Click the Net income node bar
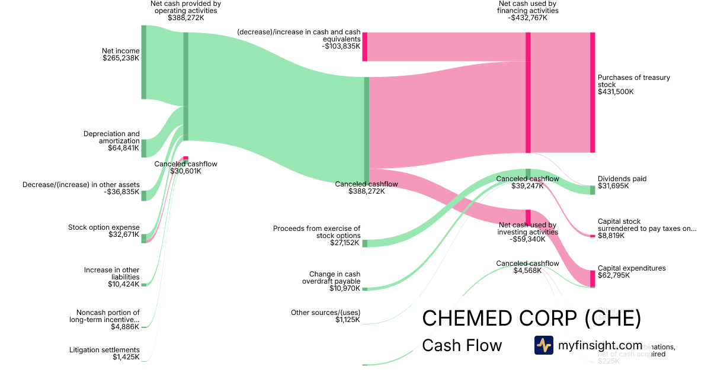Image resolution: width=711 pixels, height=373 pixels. pyautogui.click(x=143, y=62)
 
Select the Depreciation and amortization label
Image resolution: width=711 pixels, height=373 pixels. pyautogui.click(x=111, y=137)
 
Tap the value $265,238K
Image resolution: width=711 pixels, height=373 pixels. pyautogui.click(x=120, y=59)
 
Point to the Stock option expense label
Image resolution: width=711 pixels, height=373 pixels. pyautogui.click(x=104, y=227)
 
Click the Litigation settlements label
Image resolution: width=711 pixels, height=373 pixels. pyautogui.click(x=104, y=350)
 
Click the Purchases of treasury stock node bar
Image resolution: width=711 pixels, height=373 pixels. pyautogui.click(x=592, y=92)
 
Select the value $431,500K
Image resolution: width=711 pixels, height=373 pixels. pyautogui.click(x=616, y=92)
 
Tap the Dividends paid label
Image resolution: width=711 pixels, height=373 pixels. pyautogui.click(x=622, y=179)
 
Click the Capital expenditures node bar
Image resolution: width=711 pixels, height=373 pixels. pyautogui.click(x=592, y=278)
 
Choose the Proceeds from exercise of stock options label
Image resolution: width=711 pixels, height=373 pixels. pyautogui.click(x=316, y=232)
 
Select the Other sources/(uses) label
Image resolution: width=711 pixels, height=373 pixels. pyautogui.click(x=325, y=313)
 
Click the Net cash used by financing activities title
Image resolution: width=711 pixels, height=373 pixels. pyautogui.click(x=527, y=7)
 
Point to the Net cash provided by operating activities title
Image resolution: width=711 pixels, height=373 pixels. pyautogui.click(x=185, y=7)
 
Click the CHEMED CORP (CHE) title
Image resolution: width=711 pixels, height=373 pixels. pyautogui.click(x=531, y=319)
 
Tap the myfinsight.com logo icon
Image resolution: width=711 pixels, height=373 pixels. pyautogui.click(x=543, y=345)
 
